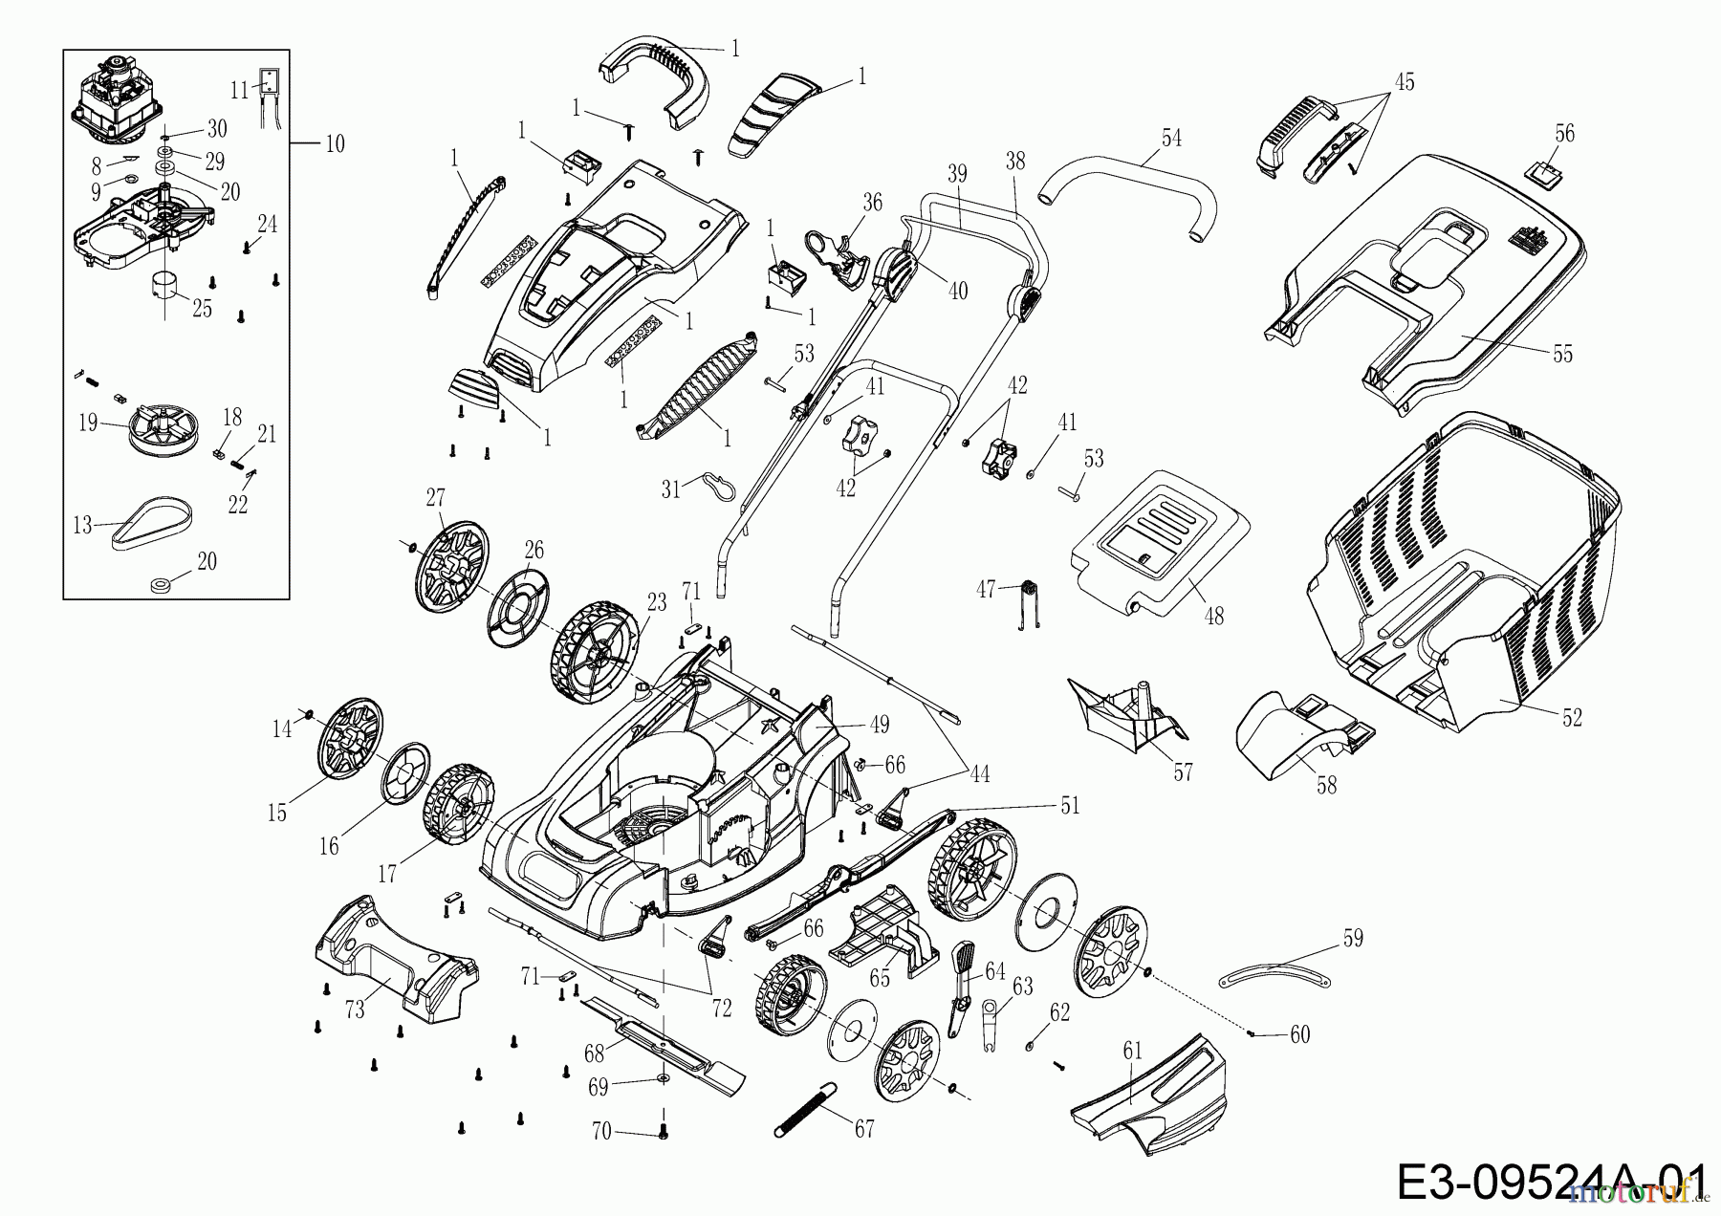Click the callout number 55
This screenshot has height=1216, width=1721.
[x=1562, y=355]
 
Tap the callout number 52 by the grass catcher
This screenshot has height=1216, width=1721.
[x=1572, y=717]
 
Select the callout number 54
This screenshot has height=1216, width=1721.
[x=1171, y=139]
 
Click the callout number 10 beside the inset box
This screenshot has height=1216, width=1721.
[x=335, y=144]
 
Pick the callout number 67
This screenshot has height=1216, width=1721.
[x=864, y=1129]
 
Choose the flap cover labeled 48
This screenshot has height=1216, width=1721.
[x=1162, y=541]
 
